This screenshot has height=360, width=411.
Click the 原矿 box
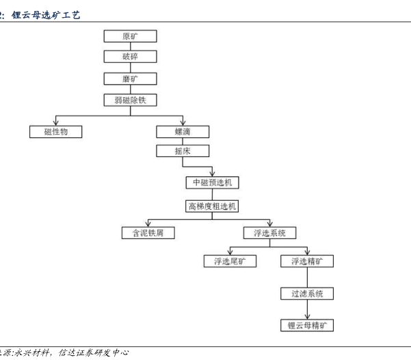pos(130,36)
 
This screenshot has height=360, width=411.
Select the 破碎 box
pos(130,57)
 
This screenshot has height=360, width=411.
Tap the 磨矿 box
pos(130,78)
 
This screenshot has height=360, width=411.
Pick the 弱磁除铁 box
pos(130,100)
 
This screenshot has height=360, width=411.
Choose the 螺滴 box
pos(183,131)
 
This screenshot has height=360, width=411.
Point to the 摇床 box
pos(183,150)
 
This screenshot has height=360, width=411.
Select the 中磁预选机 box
pos(213,182)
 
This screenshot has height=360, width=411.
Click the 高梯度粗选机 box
pos(213,205)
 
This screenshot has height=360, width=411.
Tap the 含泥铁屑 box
pos(148,232)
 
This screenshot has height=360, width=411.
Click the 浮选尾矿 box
pos(230,261)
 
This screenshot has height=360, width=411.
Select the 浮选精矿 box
pos(307,261)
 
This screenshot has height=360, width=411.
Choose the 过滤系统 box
pos(307,294)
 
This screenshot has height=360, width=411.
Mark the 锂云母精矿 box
pos(307,325)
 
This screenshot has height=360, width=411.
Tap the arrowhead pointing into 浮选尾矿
pos(230,252)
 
